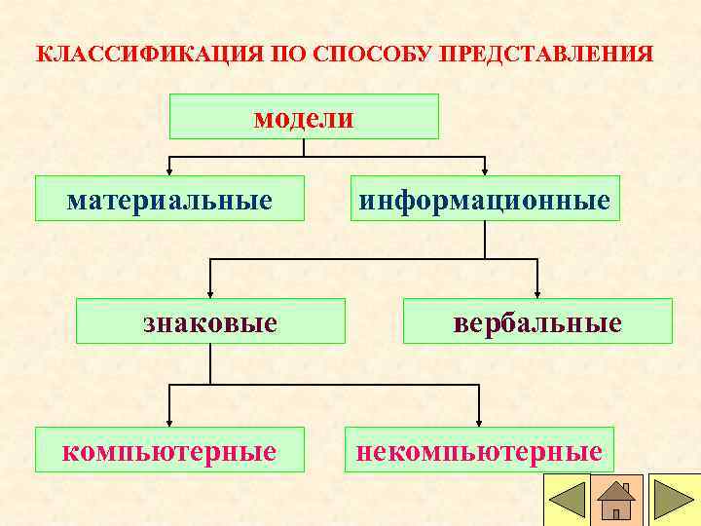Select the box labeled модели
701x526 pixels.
click(x=304, y=117)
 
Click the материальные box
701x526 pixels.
click(x=169, y=199)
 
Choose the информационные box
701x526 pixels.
click(x=485, y=199)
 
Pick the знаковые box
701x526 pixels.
click(x=210, y=321)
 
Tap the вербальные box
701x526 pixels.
click(x=537, y=321)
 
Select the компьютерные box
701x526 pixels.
click(x=169, y=450)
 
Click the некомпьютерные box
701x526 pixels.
click(x=479, y=450)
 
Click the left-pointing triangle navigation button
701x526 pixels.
click(x=567, y=500)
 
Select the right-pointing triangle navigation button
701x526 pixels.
click(x=674, y=500)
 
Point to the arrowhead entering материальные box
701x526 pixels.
click(x=170, y=169)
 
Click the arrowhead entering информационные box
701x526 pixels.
click(x=485, y=169)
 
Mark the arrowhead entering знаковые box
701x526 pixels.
click(x=211, y=292)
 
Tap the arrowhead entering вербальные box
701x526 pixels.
click(x=537, y=292)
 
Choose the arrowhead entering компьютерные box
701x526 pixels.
click(x=170, y=421)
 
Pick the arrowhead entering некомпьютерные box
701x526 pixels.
click(x=478, y=421)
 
